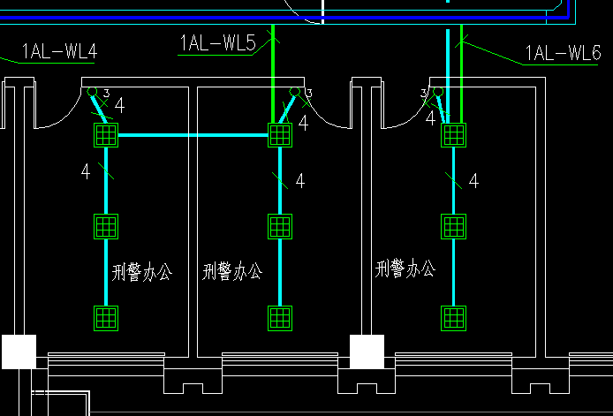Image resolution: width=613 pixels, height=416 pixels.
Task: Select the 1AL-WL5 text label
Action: (x=217, y=42)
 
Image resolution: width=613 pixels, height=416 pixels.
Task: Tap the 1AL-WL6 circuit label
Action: (x=563, y=54)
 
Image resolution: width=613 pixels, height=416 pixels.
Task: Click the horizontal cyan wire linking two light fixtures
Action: (x=193, y=135)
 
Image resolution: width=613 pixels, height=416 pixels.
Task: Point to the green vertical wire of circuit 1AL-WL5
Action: (x=274, y=62)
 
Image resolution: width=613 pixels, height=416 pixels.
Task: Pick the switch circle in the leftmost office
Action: (x=91, y=91)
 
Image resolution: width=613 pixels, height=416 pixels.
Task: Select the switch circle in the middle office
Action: (x=295, y=91)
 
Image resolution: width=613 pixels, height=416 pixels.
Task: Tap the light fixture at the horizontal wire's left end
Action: (x=105, y=135)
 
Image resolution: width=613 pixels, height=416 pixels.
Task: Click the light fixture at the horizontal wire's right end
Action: (x=280, y=135)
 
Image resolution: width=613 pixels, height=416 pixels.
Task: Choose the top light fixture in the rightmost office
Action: (x=453, y=135)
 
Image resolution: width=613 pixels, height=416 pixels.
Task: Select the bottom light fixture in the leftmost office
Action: (x=105, y=317)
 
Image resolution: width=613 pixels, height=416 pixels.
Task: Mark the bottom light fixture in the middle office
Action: (x=280, y=317)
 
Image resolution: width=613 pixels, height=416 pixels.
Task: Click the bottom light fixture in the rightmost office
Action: (x=453, y=317)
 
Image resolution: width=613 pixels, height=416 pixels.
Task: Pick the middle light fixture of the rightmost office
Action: (x=453, y=226)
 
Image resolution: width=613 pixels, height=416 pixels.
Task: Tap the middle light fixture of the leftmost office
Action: (x=105, y=226)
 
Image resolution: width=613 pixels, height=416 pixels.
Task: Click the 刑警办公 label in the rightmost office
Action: (x=405, y=269)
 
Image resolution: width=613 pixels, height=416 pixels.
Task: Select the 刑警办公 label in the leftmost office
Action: (x=142, y=272)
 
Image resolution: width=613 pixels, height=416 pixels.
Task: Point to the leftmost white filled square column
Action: (x=18, y=352)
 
